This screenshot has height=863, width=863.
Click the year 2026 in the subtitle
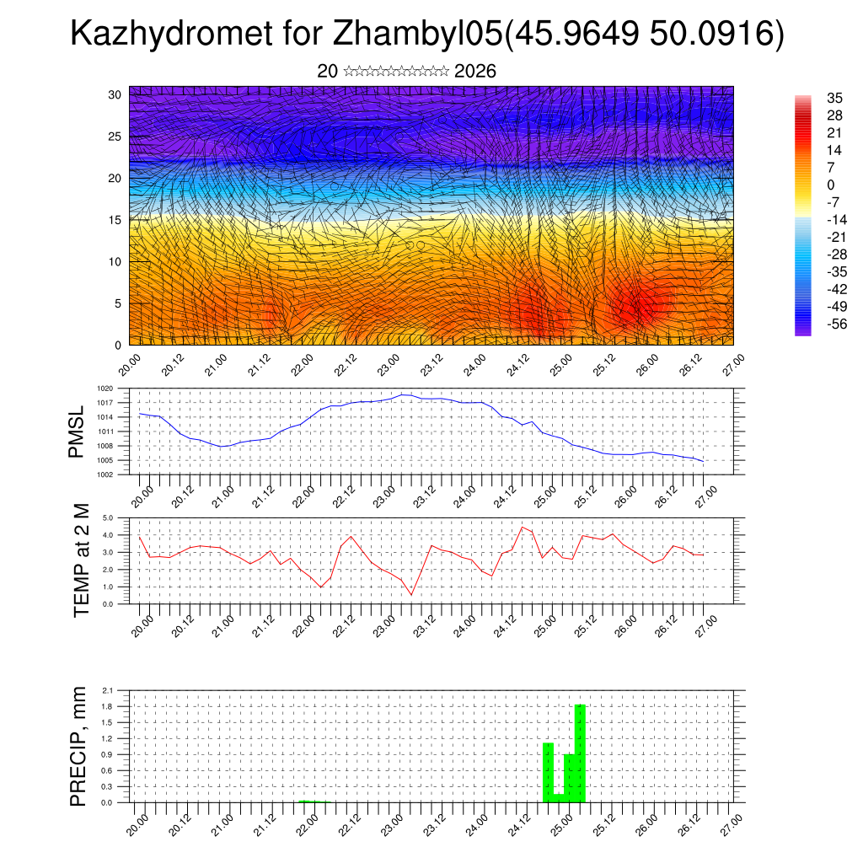point(474,72)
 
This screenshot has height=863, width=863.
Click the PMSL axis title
point(78,431)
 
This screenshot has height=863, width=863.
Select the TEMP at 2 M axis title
point(82,560)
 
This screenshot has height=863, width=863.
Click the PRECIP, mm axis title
point(78,746)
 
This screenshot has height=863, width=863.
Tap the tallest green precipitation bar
point(580,753)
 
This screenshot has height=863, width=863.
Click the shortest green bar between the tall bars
point(559,797)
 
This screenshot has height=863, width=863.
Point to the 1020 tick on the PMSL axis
point(105,389)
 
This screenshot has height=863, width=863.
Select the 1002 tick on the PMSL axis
point(105,474)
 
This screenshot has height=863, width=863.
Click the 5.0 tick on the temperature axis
point(108,517)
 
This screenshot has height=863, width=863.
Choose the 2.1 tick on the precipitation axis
point(108,690)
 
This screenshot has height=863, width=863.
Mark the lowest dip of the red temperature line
point(411,595)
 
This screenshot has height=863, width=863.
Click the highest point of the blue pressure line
point(403,394)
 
